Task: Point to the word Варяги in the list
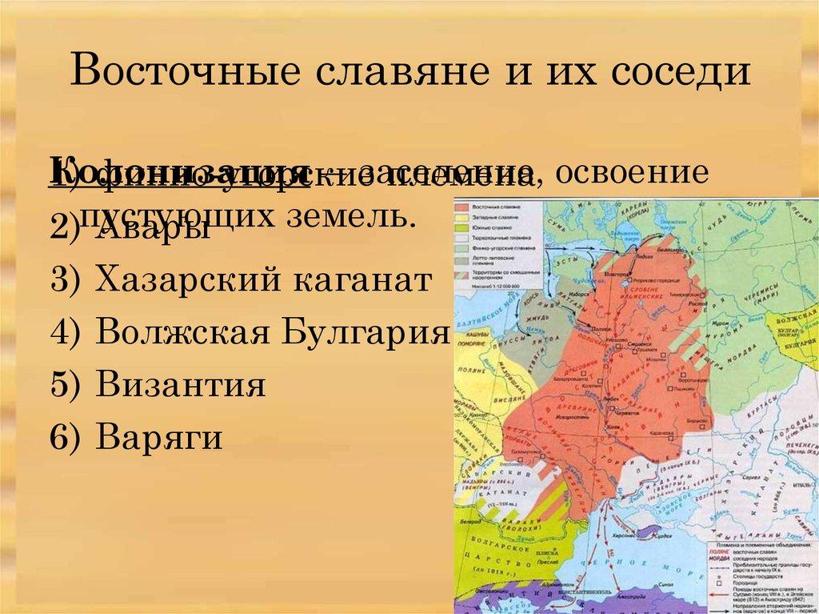pyautogui.click(x=158, y=438)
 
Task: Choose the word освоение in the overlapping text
pyautogui.click(x=631, y=174)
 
